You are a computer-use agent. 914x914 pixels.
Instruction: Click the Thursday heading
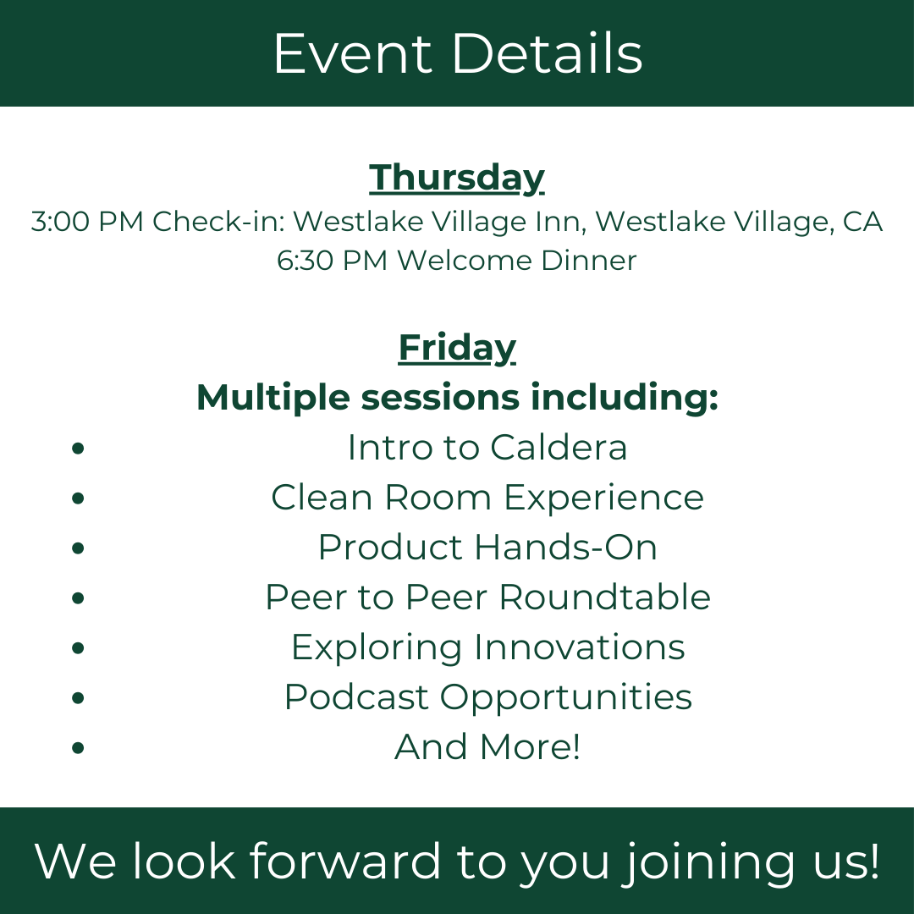tap(457, 178)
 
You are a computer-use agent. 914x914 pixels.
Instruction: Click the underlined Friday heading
tap(457, 349)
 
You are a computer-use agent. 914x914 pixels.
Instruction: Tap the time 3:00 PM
tap(87, 222)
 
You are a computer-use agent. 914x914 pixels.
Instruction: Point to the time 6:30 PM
tap(333, 261)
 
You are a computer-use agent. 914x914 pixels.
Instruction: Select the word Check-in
tap(219, 222)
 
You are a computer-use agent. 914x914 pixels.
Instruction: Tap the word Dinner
tap(589, 261)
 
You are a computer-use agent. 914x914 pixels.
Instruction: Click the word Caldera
tap(559, 448)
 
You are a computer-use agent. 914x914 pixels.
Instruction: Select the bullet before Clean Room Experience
tap(78, 498)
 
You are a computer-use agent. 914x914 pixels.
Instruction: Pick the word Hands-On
tap(565, 548)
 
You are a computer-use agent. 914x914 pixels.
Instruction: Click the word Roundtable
tap(604, 597)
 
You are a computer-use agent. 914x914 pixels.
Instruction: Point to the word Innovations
tap(579, 647)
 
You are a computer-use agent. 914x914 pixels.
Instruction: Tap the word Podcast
tap(356, 697)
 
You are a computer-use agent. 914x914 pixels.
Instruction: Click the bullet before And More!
tap(78, 747)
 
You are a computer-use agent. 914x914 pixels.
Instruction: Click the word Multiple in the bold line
tap(273, 398)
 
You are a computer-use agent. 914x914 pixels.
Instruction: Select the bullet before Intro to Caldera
tap(78, 448)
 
